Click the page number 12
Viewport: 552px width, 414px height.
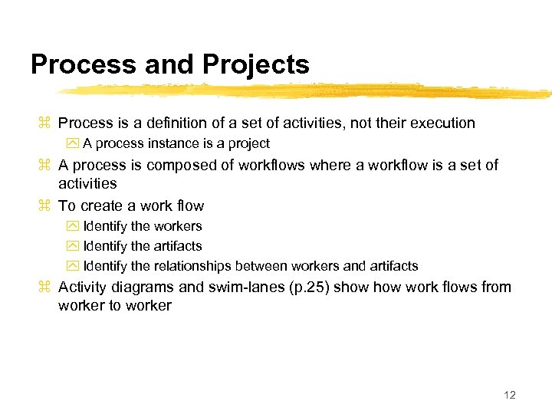(510, 395)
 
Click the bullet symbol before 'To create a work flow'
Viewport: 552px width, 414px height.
(44, 205)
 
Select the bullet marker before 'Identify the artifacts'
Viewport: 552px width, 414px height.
(73, 246)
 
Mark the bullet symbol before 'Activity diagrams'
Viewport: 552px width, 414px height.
(44, 287)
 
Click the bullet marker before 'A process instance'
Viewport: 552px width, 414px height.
(73, 143)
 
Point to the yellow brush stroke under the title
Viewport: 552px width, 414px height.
(307, 91)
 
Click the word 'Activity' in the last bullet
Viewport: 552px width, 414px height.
(84, 287)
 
